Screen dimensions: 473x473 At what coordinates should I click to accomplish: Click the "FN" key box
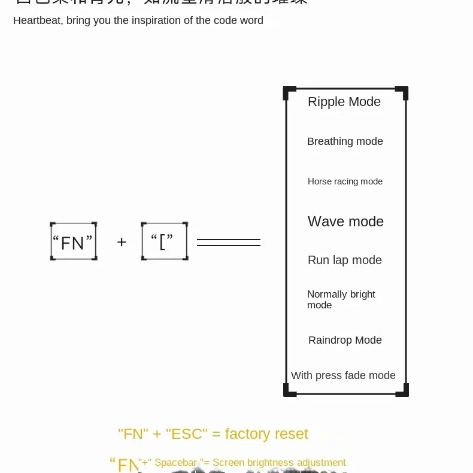[73, 241]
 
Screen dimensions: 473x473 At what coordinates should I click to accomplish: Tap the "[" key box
[165, 241]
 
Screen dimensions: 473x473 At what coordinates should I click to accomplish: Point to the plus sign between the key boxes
[122, 242]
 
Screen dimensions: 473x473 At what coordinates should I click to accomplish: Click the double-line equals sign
[229, 242]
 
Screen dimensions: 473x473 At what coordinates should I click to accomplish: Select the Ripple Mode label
[344, 102]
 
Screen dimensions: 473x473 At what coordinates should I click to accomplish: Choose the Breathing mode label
[345, 141]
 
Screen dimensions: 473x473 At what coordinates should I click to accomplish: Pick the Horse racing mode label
[345, 181]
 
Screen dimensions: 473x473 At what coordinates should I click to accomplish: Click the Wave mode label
[345, 222]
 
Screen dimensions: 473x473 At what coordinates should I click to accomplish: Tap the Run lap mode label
[345, 260]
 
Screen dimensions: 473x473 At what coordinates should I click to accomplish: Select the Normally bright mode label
[341, 299]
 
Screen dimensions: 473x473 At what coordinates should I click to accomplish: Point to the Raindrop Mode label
[345, 340]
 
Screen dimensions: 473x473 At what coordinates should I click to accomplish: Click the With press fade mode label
[343, 375]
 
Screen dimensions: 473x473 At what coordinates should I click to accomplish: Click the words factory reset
[266, 434]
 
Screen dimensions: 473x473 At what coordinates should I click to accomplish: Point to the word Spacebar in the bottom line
[175, 463]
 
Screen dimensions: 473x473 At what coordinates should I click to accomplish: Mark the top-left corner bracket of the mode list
[289, 93]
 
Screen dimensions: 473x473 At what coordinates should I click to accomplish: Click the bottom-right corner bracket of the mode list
[402, 390]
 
